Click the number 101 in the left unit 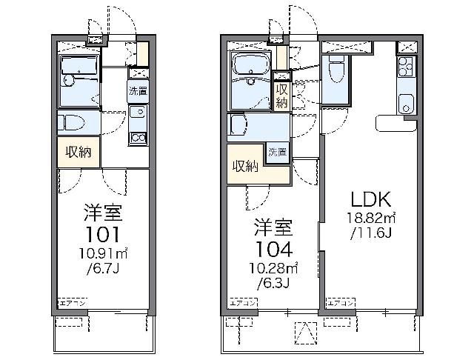[x=102, y=236]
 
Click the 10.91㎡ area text [x=102, y=255]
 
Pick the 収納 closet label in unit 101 [x=79, y=152]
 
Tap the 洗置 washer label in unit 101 [x=137, y=92]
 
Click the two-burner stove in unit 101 [x=137, y=136]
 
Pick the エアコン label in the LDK [x=340, y=304]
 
